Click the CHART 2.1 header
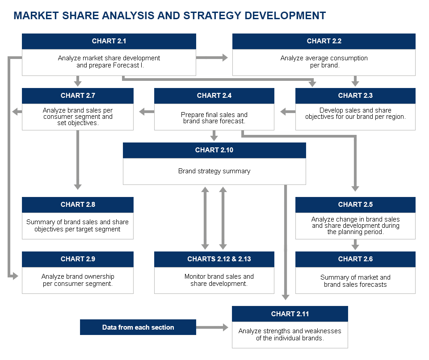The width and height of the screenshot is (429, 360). coord(109,41)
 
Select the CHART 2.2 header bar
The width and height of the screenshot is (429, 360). coord(324,41)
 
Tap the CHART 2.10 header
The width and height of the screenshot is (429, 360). coord(214,150)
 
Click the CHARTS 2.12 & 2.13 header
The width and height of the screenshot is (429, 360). coord(214,259)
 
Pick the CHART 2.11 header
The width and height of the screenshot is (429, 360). coord(290,314)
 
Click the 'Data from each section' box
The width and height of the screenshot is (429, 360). coord(138,327)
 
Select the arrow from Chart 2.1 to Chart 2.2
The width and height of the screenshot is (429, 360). coord(212,58)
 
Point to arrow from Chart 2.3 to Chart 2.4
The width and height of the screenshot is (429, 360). coord(288,112)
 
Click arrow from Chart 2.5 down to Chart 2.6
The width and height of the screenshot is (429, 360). coord(355,245)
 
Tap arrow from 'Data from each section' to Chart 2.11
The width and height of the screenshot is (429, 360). coord(212,327)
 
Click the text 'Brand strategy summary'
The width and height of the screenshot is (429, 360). coord(214,171)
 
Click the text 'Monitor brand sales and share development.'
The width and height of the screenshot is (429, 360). coord(219,280)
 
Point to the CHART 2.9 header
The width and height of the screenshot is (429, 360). coord(78,259)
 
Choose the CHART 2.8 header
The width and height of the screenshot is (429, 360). coord(78,205)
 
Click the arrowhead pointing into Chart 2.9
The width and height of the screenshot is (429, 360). coord(15,276)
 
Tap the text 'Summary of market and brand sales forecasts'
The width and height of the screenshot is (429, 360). coord(355,281)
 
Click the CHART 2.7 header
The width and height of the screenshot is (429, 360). coord(78,96)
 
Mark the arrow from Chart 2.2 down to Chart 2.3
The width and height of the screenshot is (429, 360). coord(355,81)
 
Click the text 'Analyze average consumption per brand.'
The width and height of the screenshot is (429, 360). coord(324,62)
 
